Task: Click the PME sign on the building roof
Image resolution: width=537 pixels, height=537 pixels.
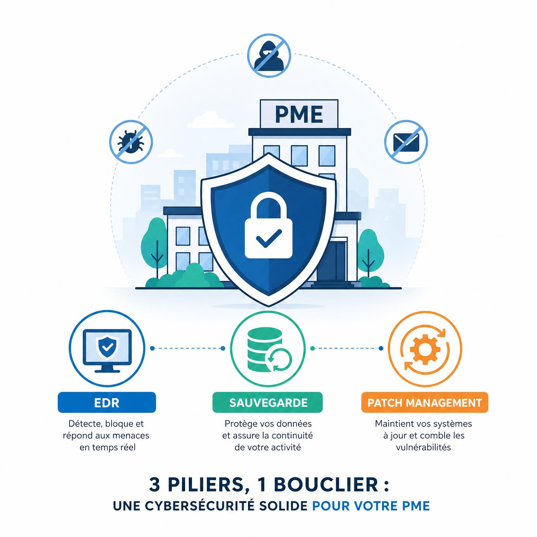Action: pos(299,114)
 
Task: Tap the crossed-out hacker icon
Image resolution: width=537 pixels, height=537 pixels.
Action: pos(269,55)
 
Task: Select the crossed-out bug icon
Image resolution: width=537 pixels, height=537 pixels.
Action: pos(131,142)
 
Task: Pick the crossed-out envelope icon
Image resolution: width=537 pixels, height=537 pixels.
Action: pos(406,142)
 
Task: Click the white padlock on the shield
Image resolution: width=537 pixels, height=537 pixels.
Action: pos(268,228)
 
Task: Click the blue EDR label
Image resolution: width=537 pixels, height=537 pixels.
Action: pos(107,402)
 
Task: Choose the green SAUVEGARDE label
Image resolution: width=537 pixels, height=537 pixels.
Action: pos(268,402)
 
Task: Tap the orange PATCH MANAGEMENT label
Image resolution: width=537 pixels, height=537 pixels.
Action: pos(425,402)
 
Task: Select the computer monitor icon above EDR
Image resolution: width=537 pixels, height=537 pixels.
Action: pos(107,351)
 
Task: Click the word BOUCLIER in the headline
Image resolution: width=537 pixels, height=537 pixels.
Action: pos(325,485)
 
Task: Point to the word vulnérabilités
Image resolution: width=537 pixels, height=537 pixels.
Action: pos(423,447)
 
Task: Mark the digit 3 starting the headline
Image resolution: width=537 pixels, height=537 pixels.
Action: pos(154,485)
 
